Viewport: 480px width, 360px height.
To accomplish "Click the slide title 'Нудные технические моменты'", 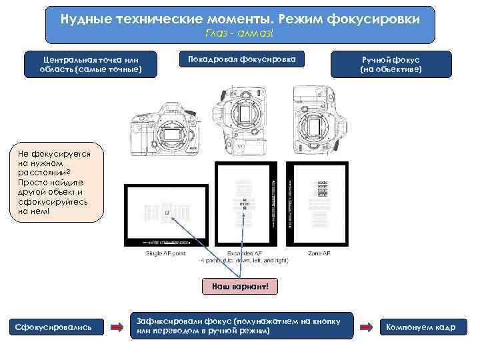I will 240,19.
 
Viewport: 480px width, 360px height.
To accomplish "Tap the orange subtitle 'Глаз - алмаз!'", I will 240,35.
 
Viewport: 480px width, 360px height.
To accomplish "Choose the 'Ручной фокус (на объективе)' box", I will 391,63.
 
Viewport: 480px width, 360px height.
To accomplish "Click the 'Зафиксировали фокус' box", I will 241,326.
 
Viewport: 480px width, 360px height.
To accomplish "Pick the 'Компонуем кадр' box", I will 421,327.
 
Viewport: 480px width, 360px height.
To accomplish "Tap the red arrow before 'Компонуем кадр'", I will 366,327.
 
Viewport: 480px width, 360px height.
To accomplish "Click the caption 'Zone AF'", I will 318,254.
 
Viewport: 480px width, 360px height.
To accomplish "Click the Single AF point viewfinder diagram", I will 167,214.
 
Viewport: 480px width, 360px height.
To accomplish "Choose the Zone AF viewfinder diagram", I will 317,204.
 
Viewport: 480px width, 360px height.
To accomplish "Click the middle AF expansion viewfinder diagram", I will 244,204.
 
